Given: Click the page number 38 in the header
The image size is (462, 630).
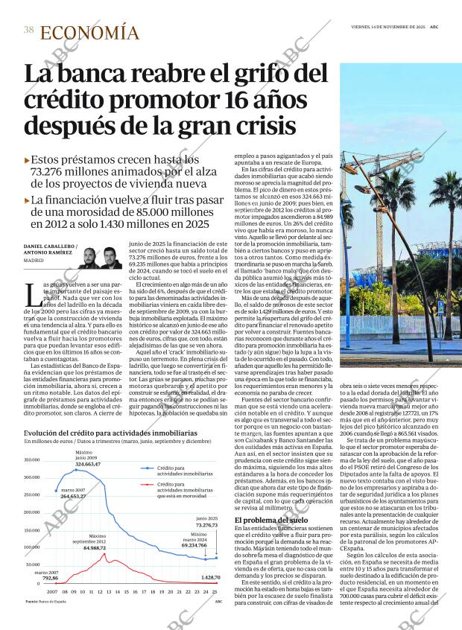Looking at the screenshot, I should (x=28, y=30).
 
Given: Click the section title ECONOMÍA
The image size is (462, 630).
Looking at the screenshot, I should (x=89, y=33).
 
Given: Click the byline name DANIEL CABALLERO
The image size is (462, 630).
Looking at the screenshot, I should (x=48, y=246).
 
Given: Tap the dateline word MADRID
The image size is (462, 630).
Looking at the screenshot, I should (x=34, y=261).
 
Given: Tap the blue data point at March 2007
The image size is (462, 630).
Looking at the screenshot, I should (x=57, y=512).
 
